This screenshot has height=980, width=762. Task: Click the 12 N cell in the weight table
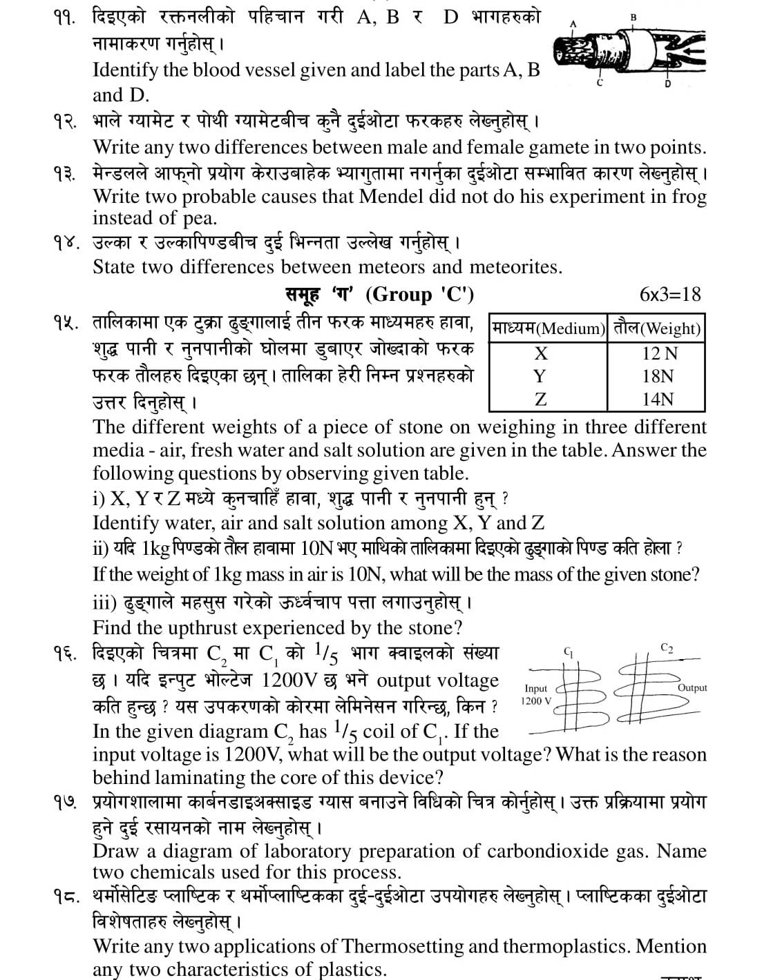click(659, 353)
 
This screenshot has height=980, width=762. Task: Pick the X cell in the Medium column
click(541, 353)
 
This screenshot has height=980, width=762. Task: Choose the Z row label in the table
click(540, 399)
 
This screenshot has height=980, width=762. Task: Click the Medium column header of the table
click(548, 328)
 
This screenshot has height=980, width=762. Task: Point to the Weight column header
click(657, 328)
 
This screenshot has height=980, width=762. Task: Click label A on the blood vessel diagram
click(573, 23)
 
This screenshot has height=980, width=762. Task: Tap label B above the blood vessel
click(634, 17)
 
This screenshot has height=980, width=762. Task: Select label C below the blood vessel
click(599, 84)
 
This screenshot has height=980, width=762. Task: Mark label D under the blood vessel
click(667, 84)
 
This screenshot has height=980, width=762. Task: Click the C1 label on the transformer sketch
click(569, 651)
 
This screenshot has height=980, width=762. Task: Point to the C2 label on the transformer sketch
click(667, 648)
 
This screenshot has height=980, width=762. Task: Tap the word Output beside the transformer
click(692, 687)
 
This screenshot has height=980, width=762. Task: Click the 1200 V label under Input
click(536, 701)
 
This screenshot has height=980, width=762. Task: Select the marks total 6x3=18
click(669, 295)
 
